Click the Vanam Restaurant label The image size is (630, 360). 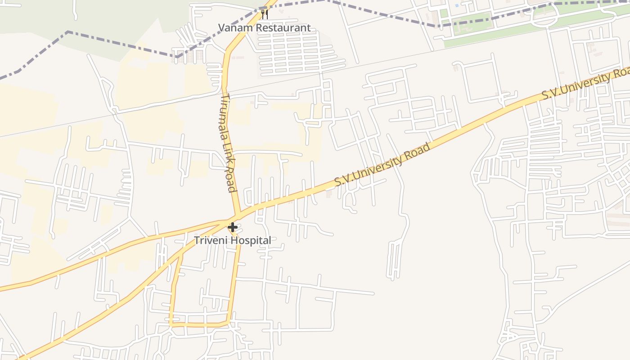[264, 28]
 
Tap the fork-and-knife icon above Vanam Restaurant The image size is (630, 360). [265, 14]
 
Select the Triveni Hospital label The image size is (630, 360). [233, 240]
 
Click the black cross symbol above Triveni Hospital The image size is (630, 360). [233, 227]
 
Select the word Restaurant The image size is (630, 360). [281, 28]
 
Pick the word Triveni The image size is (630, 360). [210, 240]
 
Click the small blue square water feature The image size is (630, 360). [457, 5]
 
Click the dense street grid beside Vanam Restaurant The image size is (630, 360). [295, 52]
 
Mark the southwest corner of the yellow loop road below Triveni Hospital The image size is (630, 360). [171, 324]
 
